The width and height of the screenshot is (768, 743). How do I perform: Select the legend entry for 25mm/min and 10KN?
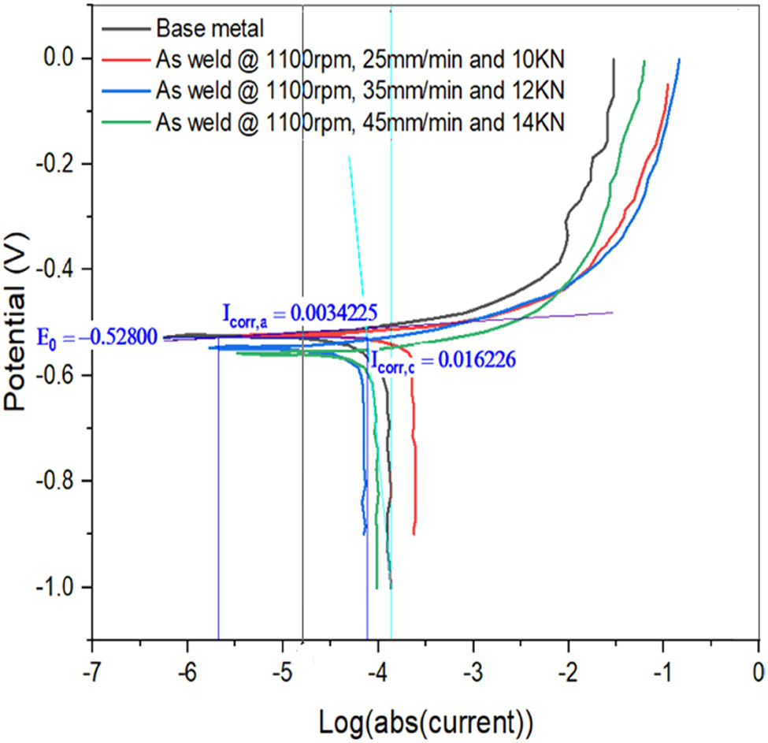coord(358,59)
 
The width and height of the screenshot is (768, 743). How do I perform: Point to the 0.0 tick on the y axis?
coord(66,59)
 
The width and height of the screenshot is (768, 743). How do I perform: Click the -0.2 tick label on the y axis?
coord(62,164)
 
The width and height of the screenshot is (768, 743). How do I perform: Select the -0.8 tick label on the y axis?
coord(62,481)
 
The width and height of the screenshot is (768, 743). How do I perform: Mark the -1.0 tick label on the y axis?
coord(62,587)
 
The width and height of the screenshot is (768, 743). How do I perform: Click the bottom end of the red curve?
coord(414,533)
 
